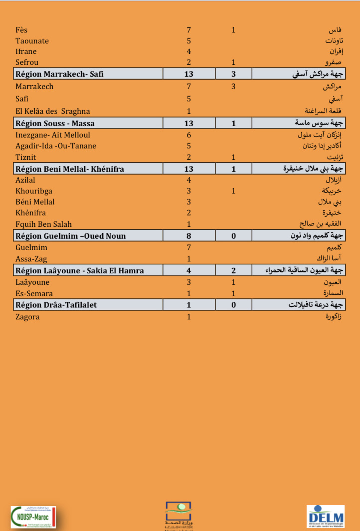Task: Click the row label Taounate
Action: (32, 41)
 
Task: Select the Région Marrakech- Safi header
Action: (60, 74)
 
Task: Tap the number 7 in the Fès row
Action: (189, 30)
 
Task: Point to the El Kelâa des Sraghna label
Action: (53, 111)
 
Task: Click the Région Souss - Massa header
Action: (55, 123)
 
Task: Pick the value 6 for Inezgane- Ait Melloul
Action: (189, 135)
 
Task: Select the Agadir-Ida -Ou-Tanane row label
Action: (56, 146)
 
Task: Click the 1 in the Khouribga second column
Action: (233, 191)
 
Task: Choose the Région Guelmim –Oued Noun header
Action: (71, 236)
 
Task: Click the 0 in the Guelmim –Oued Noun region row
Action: (233, 236)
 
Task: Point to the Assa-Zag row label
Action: (31, 259)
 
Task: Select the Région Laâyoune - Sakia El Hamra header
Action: (80, 270)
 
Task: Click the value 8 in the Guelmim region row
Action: (189, 236)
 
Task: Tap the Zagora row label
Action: (28, 316)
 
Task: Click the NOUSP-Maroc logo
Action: (33, 517)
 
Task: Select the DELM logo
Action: (325, 516)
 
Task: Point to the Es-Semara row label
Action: (34, 293)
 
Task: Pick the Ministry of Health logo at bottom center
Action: (179, 515)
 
